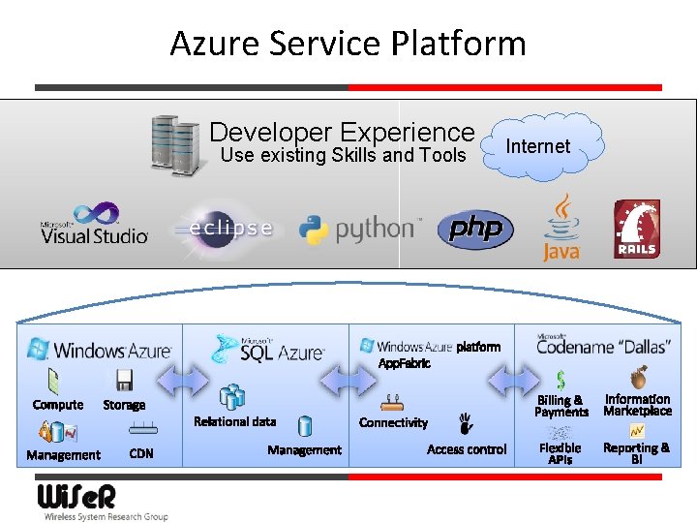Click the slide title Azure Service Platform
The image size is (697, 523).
[348, 44]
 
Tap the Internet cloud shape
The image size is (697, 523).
[539, 146]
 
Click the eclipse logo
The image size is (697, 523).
[223, 228]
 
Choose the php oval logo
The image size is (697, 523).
[475, 229]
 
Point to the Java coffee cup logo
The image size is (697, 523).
[561, 229]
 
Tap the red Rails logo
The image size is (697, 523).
[636, 230]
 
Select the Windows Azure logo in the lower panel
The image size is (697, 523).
[100, 349]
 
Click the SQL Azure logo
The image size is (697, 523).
[269, 349]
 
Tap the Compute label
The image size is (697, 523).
[58, 405]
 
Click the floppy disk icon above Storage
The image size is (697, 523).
[124, 381]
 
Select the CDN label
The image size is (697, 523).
[141, 453]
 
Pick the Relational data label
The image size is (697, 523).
[234, 421]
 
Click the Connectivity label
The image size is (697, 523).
[393, 422]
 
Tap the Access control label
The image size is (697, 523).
[467, 449]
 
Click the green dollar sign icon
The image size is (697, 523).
[561, 380]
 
